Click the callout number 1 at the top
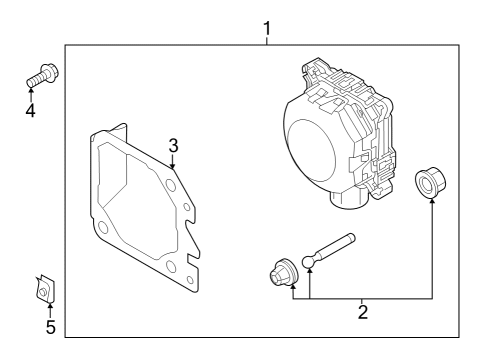[267, 29]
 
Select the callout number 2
[363, 312]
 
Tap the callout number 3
[173, 146]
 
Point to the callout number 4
[30, 110]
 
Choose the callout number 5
[50, 327]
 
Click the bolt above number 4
[42, 75]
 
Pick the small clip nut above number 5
[45, 289]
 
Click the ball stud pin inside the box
[329, 251]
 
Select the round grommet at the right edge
[431, 182]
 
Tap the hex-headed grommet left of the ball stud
[284, 272]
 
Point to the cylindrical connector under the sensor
[349, 200]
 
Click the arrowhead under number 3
[172, 166]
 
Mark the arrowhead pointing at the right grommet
[432, 200]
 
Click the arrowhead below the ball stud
[310, 271]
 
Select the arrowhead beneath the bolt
[31, 89]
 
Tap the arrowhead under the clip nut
[50, 305]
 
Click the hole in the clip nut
[42, 293]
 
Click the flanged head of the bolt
[50, 72]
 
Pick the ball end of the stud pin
[308, 262]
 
